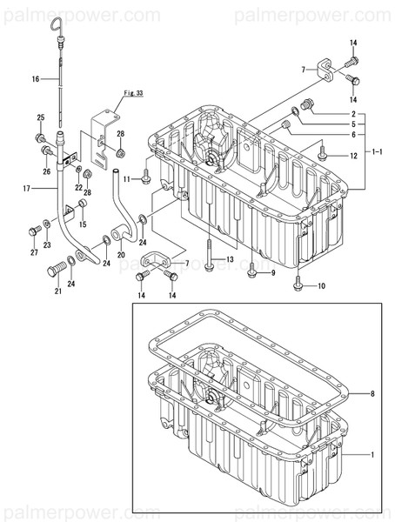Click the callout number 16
pos(36,79)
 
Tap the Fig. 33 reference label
pos(132,92)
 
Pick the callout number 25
pos(40,117)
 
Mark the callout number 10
pos(322,286)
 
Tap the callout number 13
pos(231,259)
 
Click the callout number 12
pos(353,157)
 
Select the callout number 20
pos(121,256)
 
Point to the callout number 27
pos(33,253)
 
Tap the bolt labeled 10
pos(298,279)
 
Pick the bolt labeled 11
pos(146,180)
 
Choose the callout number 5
pos(353,124)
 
